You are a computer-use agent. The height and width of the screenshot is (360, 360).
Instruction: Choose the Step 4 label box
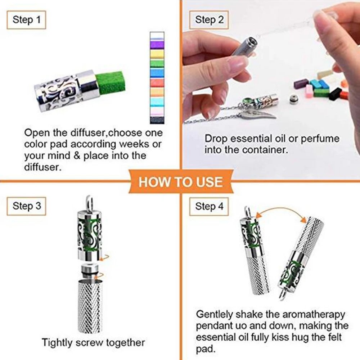[x=209, y=206]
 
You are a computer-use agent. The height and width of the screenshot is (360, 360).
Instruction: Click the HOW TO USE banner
[x=181, y=181]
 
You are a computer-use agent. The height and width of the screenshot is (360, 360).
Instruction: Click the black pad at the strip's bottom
[x=157, y=120]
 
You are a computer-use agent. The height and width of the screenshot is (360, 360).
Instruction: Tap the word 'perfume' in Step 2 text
[x=320, y=138]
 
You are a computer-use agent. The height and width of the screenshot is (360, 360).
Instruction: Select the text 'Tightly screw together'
[x=93, y=342]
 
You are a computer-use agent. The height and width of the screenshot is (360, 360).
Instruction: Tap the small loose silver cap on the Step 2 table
[x=294, y=98]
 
